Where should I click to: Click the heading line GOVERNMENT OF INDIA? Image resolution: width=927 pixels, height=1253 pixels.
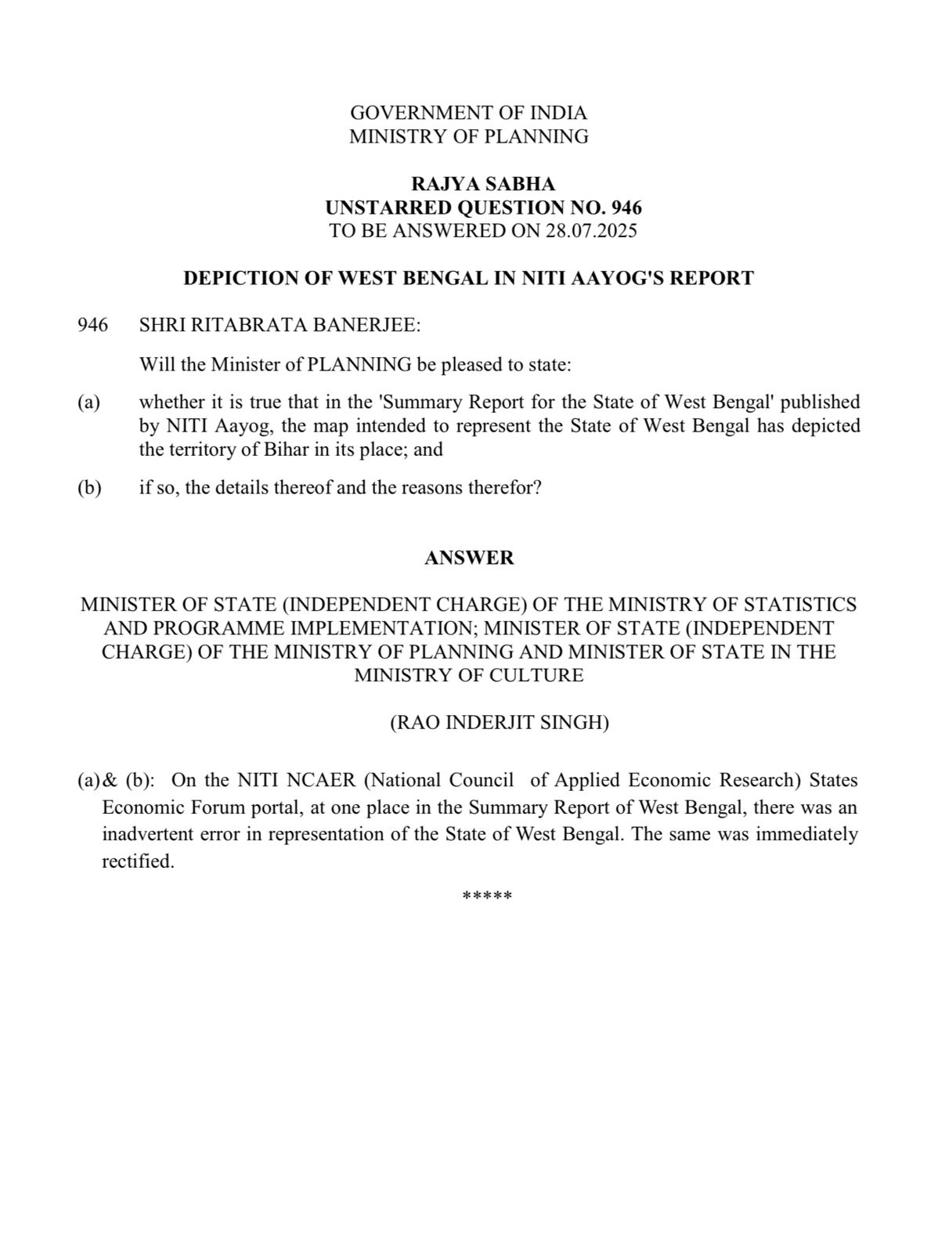pyautogui.click(x=468, y=113)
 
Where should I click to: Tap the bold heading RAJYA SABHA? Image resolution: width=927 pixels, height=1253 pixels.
pyautogui.click(x=483, y=184)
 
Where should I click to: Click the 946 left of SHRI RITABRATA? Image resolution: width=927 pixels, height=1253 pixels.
pyautogui.click(x=92, y=326)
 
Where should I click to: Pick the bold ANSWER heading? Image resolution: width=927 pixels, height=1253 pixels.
pyautogui.click(x=469, y=558)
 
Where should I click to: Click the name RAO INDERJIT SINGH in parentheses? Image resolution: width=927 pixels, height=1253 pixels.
pyautogui.click(x=500, y=723)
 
